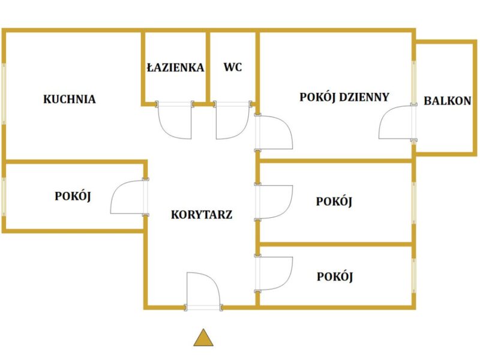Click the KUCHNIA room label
[70, 99]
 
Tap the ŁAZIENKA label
[175, 67]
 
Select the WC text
[233, 67]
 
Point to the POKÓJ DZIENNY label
[344, 97]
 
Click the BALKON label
[447, 101]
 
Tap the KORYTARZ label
[202, 215]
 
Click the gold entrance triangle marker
[203, 338]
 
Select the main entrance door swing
[203, 289]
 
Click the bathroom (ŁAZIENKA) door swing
[175, 122]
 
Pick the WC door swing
[233, 122]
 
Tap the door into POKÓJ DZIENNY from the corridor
[275, 132]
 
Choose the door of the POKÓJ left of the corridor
[127, 197]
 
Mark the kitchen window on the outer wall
[4, 94]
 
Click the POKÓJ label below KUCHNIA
[73, 197]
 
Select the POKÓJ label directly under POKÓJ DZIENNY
[334, 202]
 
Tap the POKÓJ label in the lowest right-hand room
[335, 277]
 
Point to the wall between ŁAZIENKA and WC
[208, 67]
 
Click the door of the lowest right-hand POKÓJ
[275, 274]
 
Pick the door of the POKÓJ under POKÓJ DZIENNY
[275, 202]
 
